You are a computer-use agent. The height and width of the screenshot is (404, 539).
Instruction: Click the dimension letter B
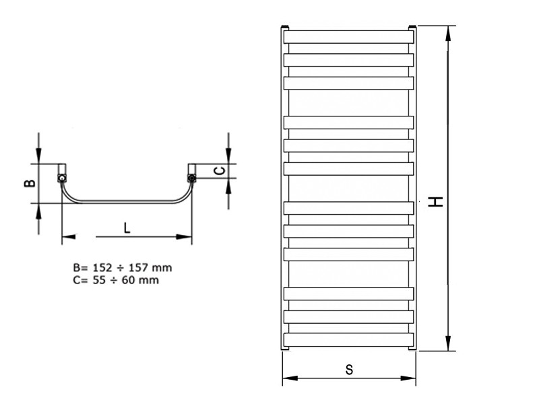pyautogui.click(x=30, y=183)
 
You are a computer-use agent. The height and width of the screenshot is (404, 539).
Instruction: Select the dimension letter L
pyautogui.click(x=127, y=228)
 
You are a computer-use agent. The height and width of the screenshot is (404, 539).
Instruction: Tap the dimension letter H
pyautogui.click(x=435, y=201)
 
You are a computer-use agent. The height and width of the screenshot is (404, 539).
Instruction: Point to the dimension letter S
pyautogui.click(x=349, y=370)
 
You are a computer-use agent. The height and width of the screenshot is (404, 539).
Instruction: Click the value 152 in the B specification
pyautogui.click(x=102, y=267)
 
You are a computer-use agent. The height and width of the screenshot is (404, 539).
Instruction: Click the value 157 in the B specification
pyautogui.click(x=138, y=267)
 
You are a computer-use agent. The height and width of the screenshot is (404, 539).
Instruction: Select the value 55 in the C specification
pyautogui.click(x=99, y=280)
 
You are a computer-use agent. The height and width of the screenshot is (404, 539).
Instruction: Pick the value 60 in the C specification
pyautogui.click(x=128, y=280)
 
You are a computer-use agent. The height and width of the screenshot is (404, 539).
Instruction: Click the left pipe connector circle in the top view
pyautogui.click(x=62, y=178)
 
